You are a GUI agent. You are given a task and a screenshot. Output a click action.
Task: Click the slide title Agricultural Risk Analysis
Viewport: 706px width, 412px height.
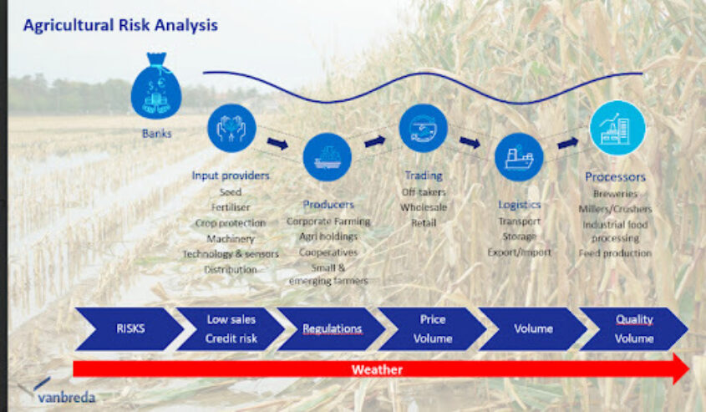coord(120,25)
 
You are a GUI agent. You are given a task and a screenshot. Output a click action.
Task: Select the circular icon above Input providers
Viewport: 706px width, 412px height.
coord(231,128)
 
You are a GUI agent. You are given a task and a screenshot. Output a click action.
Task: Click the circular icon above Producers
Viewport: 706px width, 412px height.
coord(327,156)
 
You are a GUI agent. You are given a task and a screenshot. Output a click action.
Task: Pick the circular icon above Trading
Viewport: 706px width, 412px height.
coord(423,128)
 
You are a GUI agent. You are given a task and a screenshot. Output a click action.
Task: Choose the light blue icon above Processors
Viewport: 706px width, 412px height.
coord(617,128)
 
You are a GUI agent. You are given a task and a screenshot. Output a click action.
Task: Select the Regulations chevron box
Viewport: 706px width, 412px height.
coord(332,328)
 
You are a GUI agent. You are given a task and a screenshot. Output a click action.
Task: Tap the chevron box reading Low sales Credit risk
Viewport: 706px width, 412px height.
coord(231,328)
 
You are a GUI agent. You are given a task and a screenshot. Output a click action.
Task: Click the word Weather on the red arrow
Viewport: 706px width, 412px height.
coord(377,369)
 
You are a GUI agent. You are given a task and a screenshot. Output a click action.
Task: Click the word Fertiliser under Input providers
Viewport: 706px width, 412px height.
coord(231,207)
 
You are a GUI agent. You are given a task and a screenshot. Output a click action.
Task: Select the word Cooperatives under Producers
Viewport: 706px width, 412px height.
coord(327,252)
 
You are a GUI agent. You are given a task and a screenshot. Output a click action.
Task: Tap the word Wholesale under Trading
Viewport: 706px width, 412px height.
coord(424,207)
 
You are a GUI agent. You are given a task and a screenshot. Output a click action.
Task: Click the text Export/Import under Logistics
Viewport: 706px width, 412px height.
coord(519,252)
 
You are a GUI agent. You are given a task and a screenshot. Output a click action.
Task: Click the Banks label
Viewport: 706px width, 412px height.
coord(156,132)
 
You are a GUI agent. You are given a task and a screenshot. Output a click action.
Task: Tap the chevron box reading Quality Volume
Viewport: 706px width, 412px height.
coord(634,328)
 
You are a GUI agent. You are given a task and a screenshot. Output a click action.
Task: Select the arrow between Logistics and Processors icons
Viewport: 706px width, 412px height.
coord(567,144)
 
